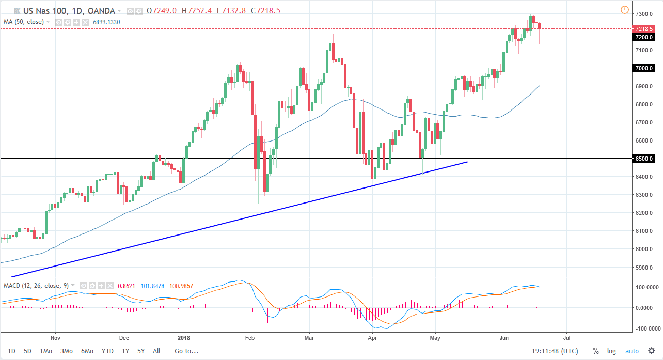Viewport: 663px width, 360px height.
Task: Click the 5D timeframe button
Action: [27, 351]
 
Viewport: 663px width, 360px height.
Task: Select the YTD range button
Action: [107, 351]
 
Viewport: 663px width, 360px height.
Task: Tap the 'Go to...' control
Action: [186, 351]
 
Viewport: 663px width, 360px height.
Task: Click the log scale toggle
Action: [611, 351]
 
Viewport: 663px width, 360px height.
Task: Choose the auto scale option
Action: [632, 351]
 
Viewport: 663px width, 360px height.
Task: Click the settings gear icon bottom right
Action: [652, 351]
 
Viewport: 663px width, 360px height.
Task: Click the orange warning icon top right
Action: [624, 10]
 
